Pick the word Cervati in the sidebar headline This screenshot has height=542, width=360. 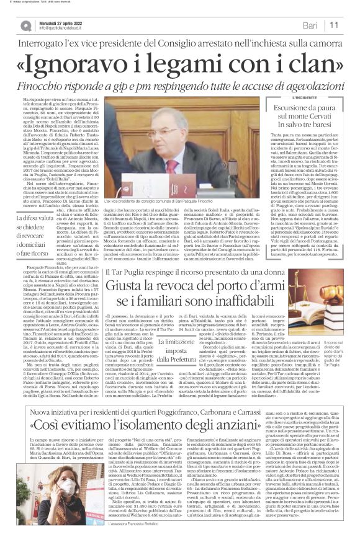tap(317, 121)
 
